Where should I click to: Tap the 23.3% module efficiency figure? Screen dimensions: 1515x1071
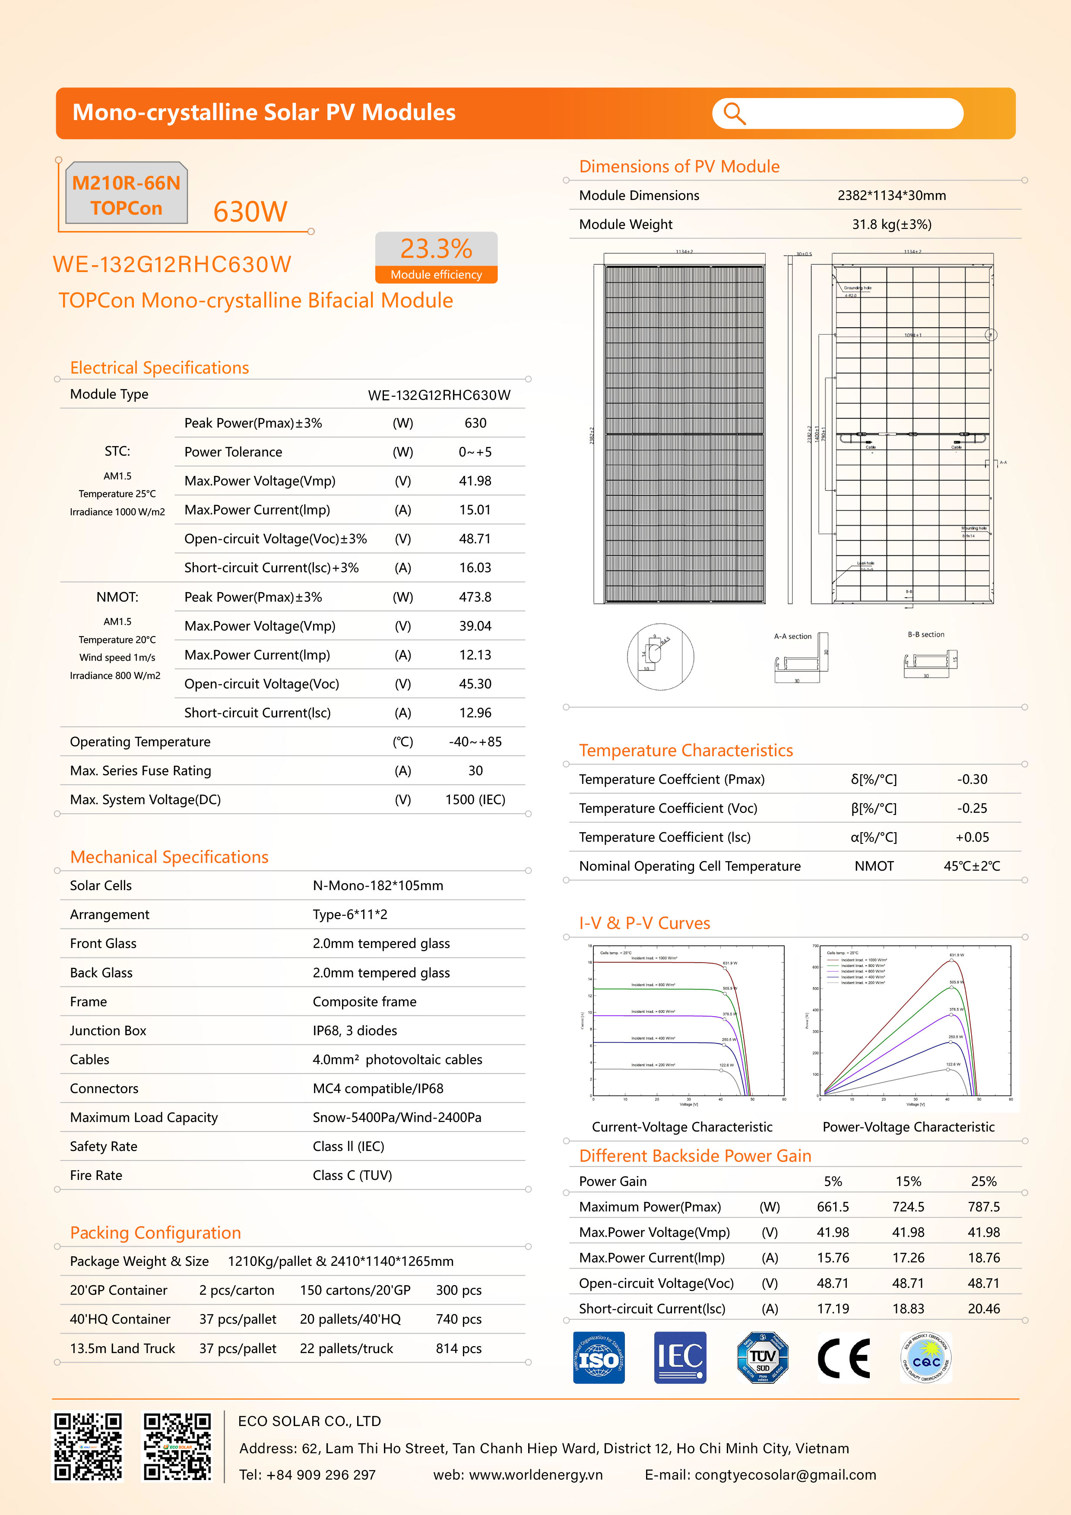click(x=436, y=249)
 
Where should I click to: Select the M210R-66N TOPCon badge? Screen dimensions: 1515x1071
click(x=126, y=195)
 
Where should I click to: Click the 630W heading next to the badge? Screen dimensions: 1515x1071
click(x=250, y=212)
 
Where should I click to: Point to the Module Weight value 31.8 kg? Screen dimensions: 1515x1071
click(x=891, y=224)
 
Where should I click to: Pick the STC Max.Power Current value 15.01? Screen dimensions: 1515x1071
click(x=475, y=510)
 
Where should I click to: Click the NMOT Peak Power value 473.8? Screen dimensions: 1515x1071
click(x=475, y=597)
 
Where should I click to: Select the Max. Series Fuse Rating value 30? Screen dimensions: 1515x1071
click(x=475, y=771)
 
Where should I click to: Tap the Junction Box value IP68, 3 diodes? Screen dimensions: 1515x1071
click(x=355, y=1031)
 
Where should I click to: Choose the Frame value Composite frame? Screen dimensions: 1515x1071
click(x=364, y=1002)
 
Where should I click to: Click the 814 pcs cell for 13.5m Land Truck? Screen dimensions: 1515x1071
click(x=459, y=1349)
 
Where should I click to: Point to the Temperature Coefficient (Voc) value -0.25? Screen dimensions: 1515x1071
click(x=972, y=808)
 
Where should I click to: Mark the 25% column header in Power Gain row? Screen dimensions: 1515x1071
click(x=983, y=1181)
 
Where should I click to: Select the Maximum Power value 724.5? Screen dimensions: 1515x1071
click(x=908, y=1207)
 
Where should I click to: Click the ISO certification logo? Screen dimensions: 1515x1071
click(x=599, y=1357)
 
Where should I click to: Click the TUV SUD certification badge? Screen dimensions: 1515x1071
click(x=762, y=1357)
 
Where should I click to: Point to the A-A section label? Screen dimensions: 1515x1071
click(x=792, y=636)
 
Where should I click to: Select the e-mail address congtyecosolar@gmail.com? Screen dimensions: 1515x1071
click(x=785, y=1475)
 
